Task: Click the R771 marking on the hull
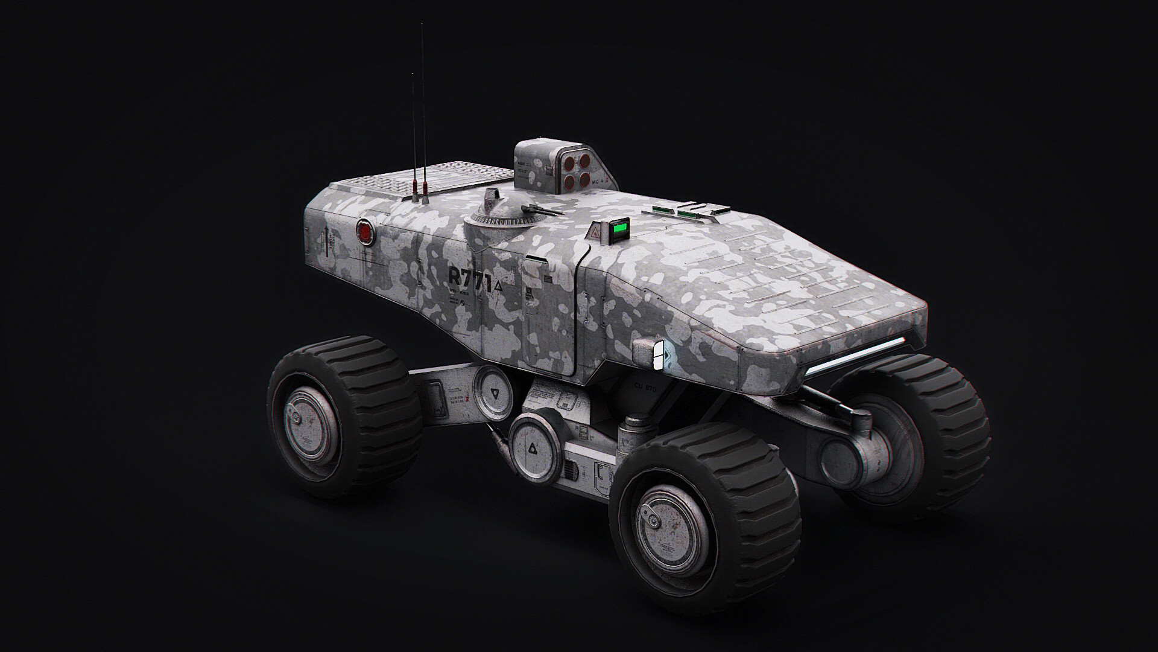click(470, 280)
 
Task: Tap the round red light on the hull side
click(364, 231)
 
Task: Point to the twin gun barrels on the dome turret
click(543, 211)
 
